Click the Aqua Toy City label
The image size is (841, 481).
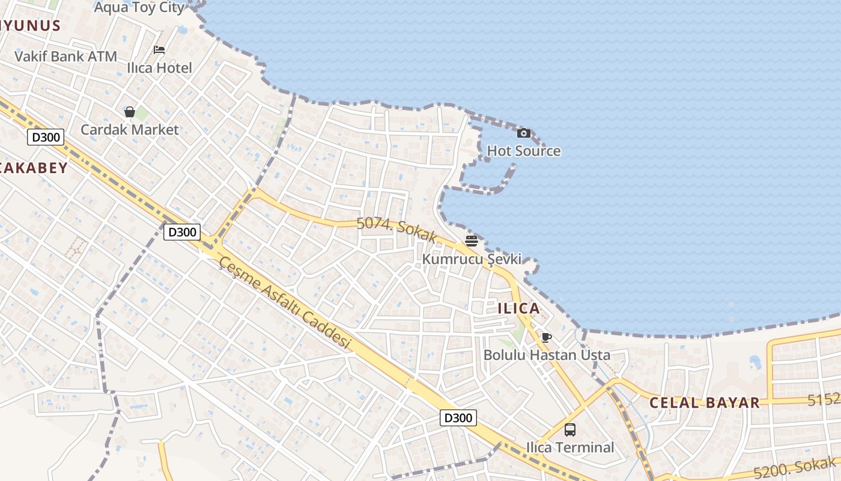(x=139, y=7)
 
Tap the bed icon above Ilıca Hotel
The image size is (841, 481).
(x=159, y=50)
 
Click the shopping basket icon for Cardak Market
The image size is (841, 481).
(x=129, y=112)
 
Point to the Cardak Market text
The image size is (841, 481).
(x=130, y=129)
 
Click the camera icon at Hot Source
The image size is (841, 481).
(x=524, y=133)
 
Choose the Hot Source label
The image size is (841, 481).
(x=524, y=151)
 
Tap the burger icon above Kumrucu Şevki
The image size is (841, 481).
(x=472, y=241)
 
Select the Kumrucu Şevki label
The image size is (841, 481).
(x=472, y=259)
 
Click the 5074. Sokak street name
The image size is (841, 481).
(x=396, y=230)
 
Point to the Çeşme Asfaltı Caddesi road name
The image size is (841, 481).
(x=285, y=302)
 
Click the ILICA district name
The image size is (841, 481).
(x=518, y=308)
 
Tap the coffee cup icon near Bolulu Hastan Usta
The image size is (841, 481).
(x=547, y=337)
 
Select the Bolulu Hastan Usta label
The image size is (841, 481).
(x=547, y=355)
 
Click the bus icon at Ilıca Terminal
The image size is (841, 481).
(x=570, y=430)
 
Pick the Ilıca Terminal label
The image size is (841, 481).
(x=570, y=447)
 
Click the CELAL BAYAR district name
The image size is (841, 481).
(x=705, y=403)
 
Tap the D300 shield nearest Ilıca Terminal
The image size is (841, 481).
(x=458, y=418)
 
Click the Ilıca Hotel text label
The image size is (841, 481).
(x=160, y=68)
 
